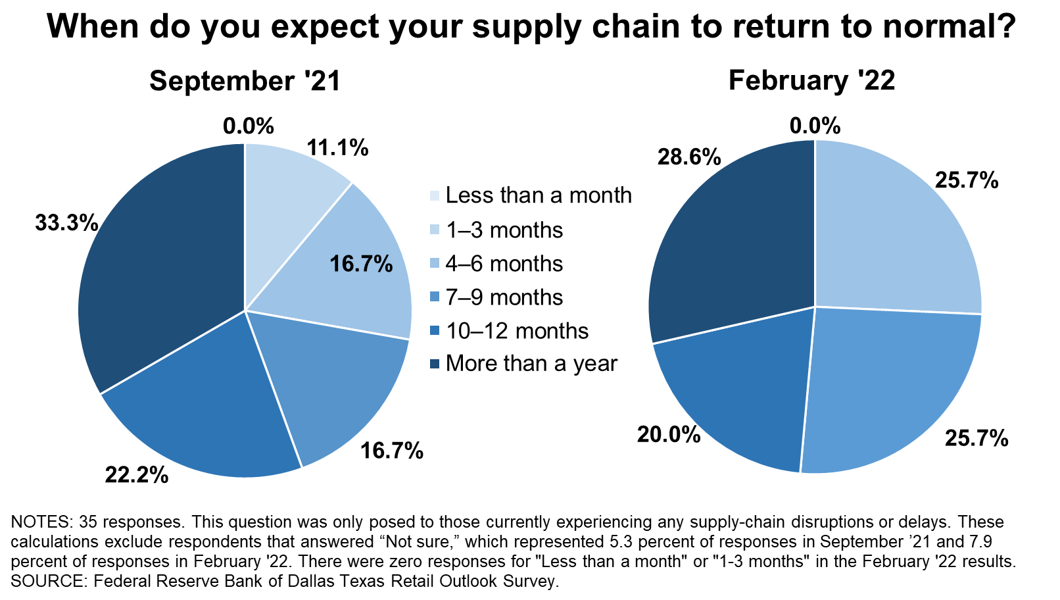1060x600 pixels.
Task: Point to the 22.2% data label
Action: tap(136, 475)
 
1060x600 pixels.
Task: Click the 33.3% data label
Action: tap(66, 222)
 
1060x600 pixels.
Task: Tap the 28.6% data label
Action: tap(689, 157)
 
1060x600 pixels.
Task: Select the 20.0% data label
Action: tap(669, 434)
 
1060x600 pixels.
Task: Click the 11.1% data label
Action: tap(337, 147)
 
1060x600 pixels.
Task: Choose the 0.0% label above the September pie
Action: tap(249, 126)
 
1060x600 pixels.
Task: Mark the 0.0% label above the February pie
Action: tap(815, 126)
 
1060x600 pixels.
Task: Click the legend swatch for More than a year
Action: tap(435, 364)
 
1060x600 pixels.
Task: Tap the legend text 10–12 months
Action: tap(517, 330)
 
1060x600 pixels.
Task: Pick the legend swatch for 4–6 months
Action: tap(435, 263)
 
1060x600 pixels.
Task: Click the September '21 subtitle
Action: tap(245, 81)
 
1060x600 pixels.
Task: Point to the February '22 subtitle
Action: tap(812, 80)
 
